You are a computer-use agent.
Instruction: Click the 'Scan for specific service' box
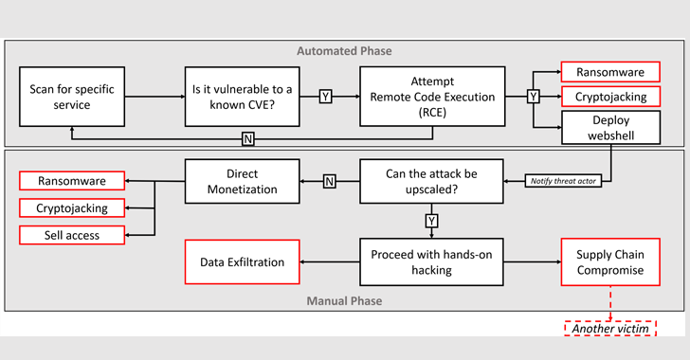72,97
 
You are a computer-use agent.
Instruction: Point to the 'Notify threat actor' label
563,180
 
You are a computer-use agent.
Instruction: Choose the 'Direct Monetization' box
243,181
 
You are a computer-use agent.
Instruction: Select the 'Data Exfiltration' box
243,262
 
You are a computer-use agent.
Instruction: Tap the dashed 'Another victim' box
609,329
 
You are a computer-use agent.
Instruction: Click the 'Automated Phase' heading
344,50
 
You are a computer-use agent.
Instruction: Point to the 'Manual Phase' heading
344,301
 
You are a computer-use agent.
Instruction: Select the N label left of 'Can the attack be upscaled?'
329,181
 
